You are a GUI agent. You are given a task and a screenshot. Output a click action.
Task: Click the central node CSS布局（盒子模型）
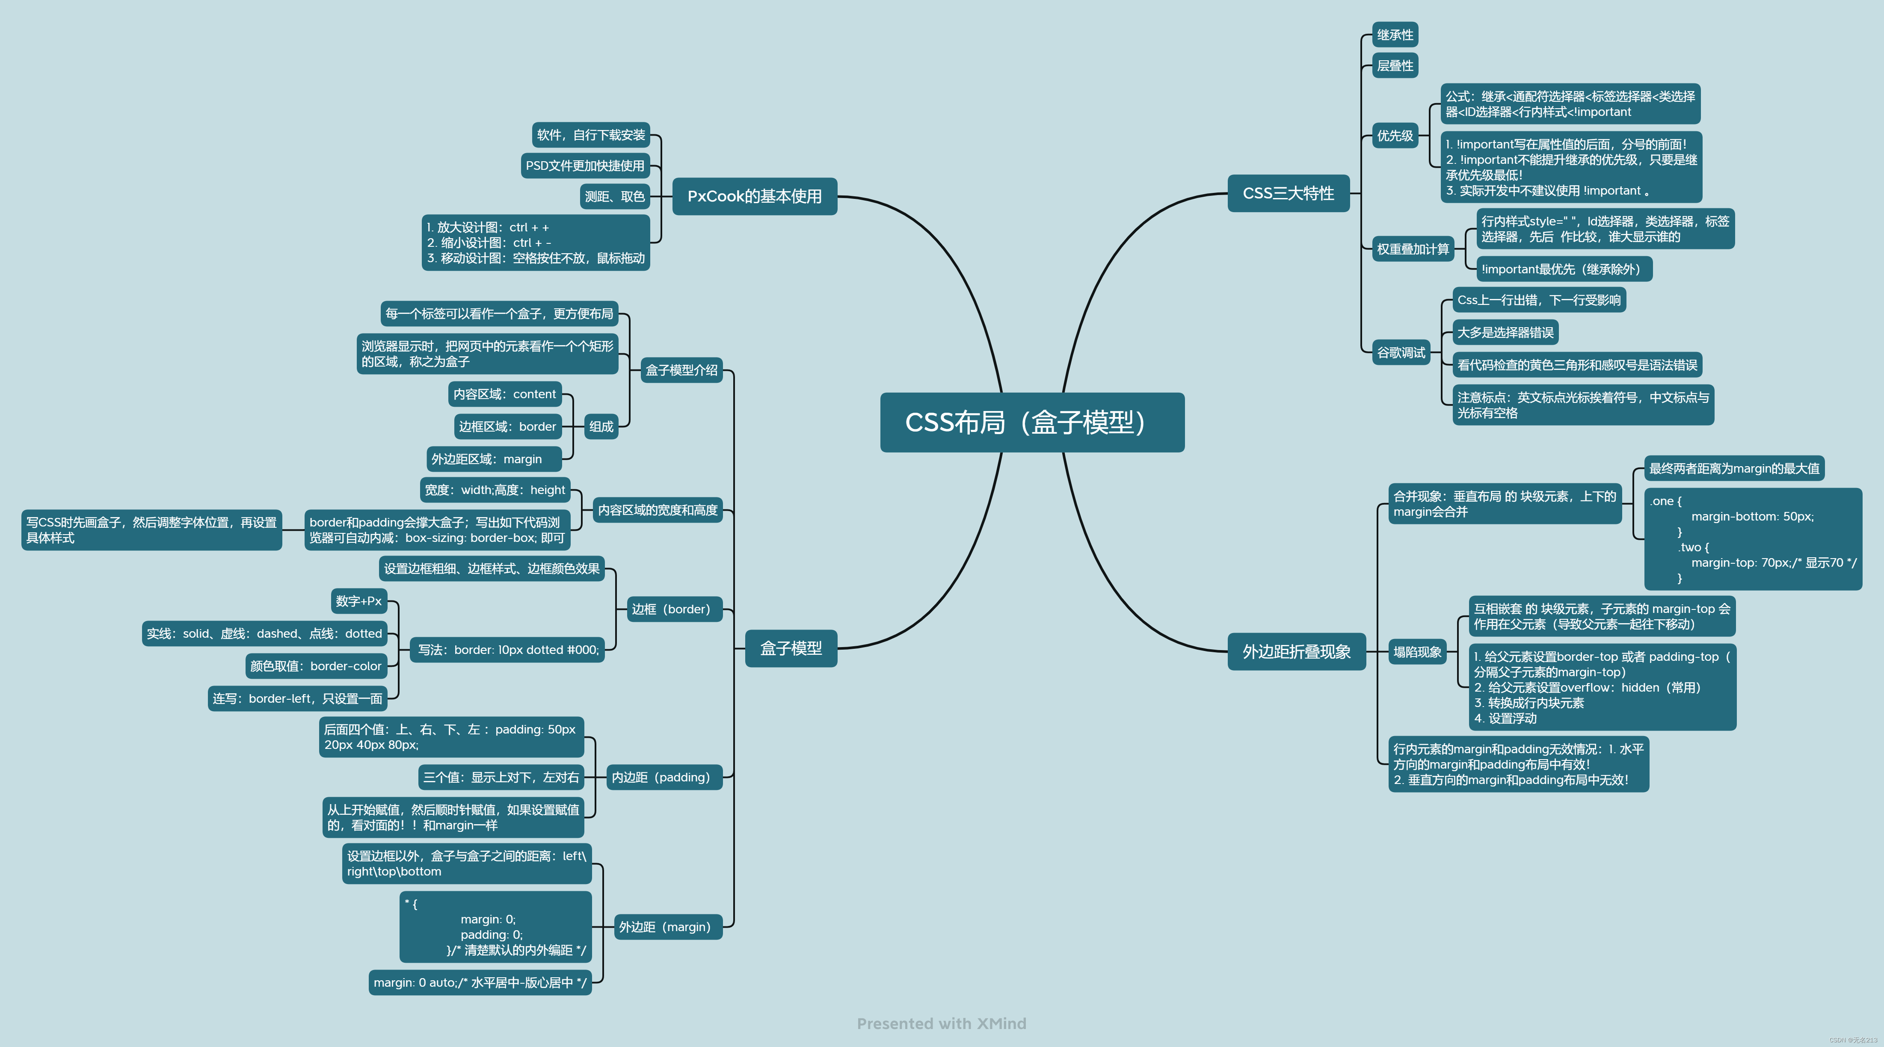click(x=1031, y=423)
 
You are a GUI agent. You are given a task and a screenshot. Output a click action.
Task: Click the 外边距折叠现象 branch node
click(x=1296, y=651)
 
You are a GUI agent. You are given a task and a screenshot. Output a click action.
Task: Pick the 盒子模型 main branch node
click(x=791, y=648)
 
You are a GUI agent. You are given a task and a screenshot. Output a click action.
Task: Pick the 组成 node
click(x=601, y=427)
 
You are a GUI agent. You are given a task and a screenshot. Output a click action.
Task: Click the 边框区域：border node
click(x=507, y=427)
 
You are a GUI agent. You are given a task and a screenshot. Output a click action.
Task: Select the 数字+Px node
click(x=358, y=601)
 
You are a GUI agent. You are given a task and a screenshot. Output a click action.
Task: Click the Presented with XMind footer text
click(x=941, y=1023)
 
